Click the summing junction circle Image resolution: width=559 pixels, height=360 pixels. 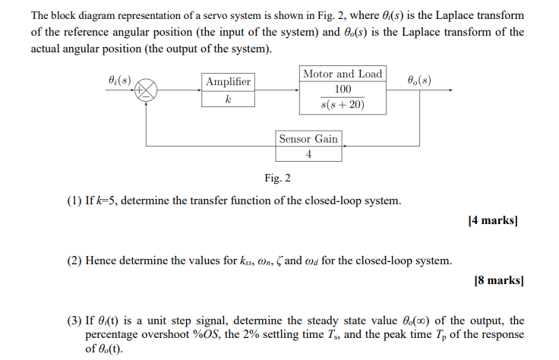coord(147,90)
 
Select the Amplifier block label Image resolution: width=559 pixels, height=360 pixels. coord(228,81)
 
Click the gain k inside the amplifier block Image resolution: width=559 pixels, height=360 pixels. coord(228,99)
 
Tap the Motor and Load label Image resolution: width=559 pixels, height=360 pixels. coord(343,74)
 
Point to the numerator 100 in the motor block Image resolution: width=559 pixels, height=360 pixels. coord(343,90)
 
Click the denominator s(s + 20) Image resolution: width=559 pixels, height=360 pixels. coord(343,105)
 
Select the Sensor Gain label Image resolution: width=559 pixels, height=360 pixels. coord(308,138)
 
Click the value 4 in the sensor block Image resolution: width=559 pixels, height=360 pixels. coord(308,153)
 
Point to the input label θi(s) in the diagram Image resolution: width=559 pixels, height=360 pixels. coord(119,78)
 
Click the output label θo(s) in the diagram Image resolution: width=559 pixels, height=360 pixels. coord(418,78)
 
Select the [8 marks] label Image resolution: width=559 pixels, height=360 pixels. coord(498,280)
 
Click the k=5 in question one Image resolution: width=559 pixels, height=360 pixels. coord(104,201)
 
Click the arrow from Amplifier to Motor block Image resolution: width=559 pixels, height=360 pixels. coord(277,90)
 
